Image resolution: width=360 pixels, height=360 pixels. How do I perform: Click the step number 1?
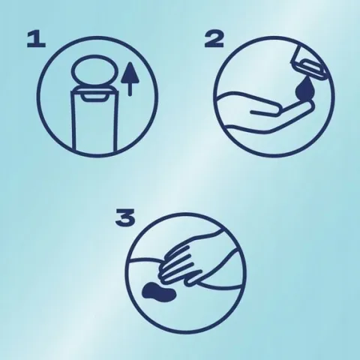click(x=36, y=40)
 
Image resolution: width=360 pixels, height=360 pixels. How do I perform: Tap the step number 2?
click(x=214, y=40)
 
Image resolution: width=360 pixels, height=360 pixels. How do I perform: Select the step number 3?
click(x=125, y=217)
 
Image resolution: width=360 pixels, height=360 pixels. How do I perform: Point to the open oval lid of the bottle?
click(x=94, y=70)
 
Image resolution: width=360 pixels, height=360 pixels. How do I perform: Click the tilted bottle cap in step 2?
click(x=309, y=63)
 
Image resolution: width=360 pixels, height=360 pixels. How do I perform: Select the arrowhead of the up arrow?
click(x=130, y=72)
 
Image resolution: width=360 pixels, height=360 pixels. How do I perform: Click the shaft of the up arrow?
click(x=130, y=88)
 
